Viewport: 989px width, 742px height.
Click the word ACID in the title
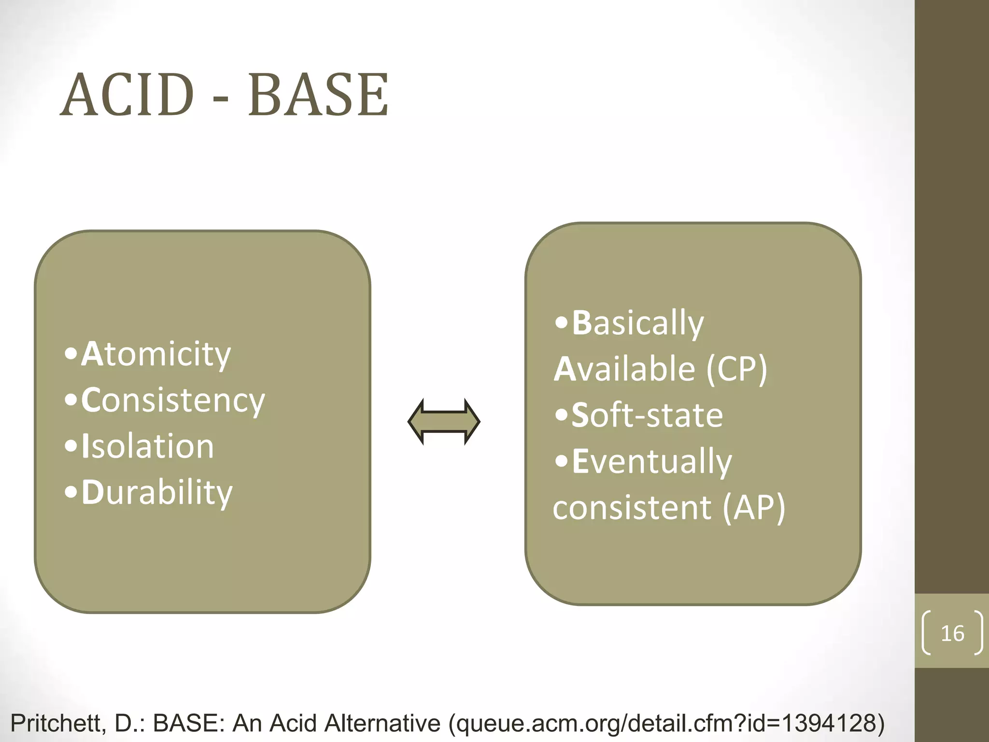(x=127, y=95)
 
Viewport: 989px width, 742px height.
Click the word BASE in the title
(x=318, y=95)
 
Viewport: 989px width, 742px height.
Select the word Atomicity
(x=156, y=354)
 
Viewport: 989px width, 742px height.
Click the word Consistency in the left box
(x=173, y=400)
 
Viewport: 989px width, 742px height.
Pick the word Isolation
(x=147, y=446)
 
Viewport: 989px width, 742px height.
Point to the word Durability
(x=156, y=493)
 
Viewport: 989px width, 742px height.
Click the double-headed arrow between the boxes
(x=444, y=422)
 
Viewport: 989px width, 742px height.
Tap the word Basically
(x=637, y=323)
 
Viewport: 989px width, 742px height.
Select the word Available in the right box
(x=624, y=369)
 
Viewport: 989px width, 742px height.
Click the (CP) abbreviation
(x=737, y=369)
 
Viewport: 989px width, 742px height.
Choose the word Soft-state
(x=647, y=415)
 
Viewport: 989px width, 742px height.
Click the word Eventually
(x=651, y=461)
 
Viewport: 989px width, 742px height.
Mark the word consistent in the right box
(x=632, y=507)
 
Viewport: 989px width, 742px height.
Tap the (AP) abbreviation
(x=754, y=507)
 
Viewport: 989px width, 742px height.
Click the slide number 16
(x=952, y=633)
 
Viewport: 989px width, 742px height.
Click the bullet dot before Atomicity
(x=71, y=354)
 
